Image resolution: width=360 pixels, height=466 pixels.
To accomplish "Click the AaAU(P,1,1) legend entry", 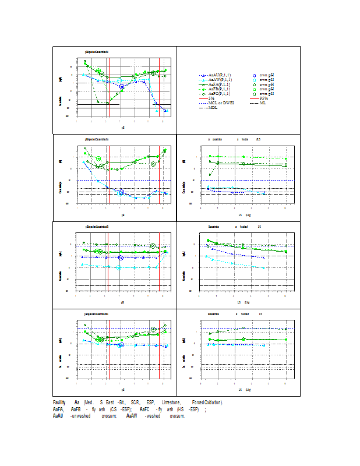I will [220, 76].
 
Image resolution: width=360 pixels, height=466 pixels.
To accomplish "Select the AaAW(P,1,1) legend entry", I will [220, 80].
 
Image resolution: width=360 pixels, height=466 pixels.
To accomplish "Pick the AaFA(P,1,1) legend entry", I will [220, 84].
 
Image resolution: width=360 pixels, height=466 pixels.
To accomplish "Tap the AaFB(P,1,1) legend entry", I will [220, 89].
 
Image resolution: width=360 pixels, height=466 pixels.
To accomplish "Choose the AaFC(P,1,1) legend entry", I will [220, 94].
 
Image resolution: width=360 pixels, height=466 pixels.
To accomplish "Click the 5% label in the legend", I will [211, 98].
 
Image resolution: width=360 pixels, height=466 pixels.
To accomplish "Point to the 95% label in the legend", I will [263, 98].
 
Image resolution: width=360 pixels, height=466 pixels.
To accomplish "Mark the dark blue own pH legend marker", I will [255, 76].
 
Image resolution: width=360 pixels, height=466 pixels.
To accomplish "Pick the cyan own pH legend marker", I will [255, 80].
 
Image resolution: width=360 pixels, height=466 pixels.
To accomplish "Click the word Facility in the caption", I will [59, 403].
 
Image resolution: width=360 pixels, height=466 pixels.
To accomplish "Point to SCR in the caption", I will [135, 403].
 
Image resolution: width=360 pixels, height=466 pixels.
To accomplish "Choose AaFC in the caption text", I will [145, 409].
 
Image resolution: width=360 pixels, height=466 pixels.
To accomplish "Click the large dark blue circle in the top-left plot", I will [122, 87].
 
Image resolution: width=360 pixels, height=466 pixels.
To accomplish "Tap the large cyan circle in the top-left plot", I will [119, 81].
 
